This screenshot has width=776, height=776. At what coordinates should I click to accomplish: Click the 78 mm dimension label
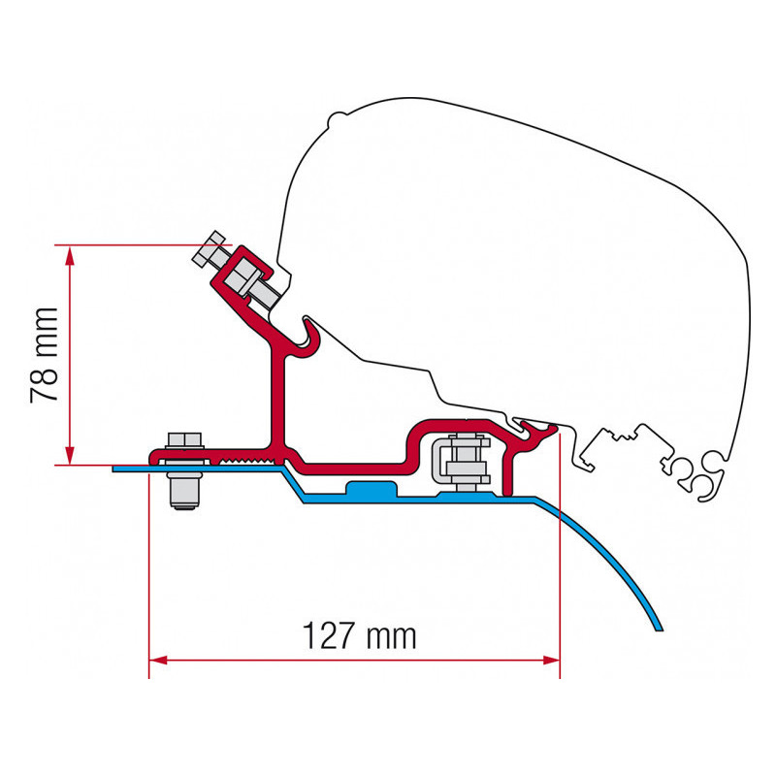pyautogui.click(x=45, y=355)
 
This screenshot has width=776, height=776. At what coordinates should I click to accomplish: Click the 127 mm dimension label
pyautogui.click(x=359, y=636)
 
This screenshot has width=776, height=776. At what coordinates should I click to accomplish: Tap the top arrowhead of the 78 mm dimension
pyautogui.click(x=70, y=255)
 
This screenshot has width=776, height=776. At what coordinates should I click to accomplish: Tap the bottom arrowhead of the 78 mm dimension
pyautogui.click(x=70, y=455)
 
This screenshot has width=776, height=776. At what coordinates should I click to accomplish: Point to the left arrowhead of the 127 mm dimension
pyautogui.click(x=158, y=661)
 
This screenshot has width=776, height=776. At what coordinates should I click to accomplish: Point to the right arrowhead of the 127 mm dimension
pyautogui.click(x=550, y=661)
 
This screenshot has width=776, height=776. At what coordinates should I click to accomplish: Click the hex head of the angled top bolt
pyautogui.click(x=210, y=248)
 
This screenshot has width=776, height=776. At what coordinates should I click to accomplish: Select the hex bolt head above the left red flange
pyautogui.click(x=184, y=440)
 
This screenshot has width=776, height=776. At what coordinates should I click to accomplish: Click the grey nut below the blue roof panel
pyautogui.click(x=184, y=490)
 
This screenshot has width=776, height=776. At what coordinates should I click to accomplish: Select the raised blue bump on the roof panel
pyautogui.click(x=372, y=489)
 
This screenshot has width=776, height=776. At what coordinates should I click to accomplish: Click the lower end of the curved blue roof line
pyautogui.click(x=659, y=630)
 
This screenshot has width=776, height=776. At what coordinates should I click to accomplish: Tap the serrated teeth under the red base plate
pyautogui.click(x=246, y=462)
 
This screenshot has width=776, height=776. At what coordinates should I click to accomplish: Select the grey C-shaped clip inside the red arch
pyautogui.click(x=439, y=460)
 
